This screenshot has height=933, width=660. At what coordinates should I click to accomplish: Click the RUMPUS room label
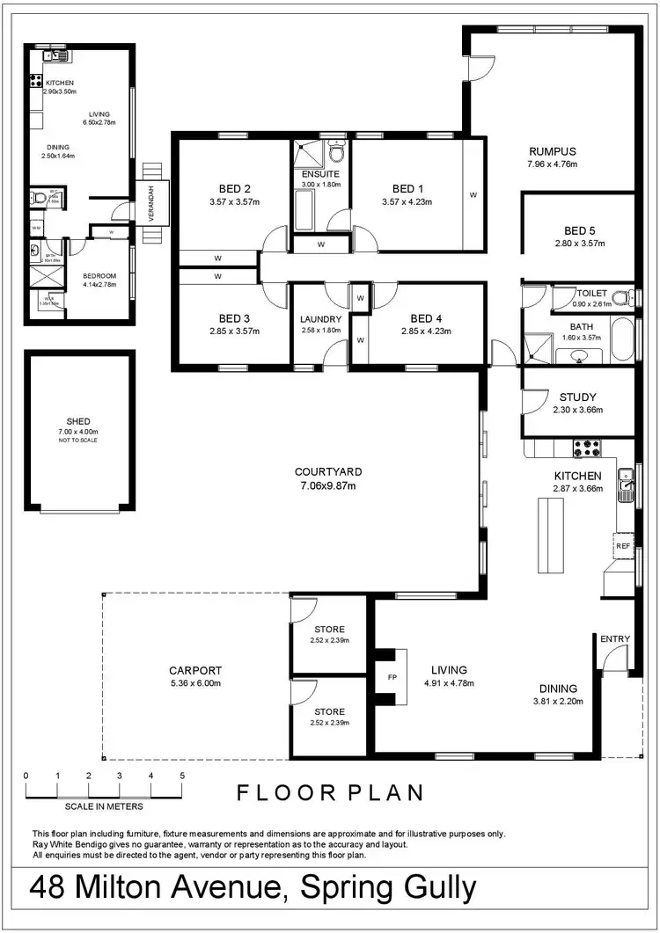point(552,150)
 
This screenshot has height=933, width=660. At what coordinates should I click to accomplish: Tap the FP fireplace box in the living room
point(392,677)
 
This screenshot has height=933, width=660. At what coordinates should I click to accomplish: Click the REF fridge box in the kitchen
point(623,546)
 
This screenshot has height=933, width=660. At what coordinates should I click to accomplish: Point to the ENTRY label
point(615,639)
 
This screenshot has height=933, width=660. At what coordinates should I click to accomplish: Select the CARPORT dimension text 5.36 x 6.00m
point(196,683)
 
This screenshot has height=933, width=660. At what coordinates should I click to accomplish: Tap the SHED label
point(79,421)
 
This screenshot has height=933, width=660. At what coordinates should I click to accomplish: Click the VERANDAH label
point(151,203)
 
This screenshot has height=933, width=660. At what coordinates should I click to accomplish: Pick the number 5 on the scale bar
point(182,776)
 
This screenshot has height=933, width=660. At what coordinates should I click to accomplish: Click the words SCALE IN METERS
point(104,805)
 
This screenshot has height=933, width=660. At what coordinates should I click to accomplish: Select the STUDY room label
point(577,397)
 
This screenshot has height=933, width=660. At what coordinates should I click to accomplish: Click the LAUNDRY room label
point(320,318)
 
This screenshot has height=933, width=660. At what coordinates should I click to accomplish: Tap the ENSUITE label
point(320,173)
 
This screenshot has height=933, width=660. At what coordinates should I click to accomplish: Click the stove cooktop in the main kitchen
point(587,448)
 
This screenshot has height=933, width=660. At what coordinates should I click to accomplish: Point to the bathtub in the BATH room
point(621,339)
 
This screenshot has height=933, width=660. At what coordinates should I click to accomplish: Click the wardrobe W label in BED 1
point(473,195)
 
